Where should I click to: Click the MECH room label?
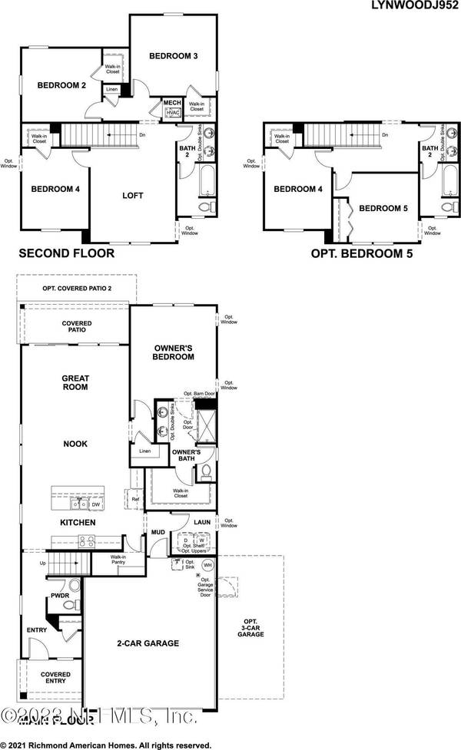[x=171, y=103]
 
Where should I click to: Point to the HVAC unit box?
[x=172, y=113]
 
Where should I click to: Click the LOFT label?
[x=132, y=196]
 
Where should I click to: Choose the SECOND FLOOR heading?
[x=66, y=253]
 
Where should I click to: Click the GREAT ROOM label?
[x=75, y=382]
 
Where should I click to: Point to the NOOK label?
[x=75, y=444]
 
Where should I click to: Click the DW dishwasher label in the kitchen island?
[x=96, y=505]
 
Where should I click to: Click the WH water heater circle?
[x=207, y=565]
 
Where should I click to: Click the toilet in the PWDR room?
[x=68, y=606]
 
